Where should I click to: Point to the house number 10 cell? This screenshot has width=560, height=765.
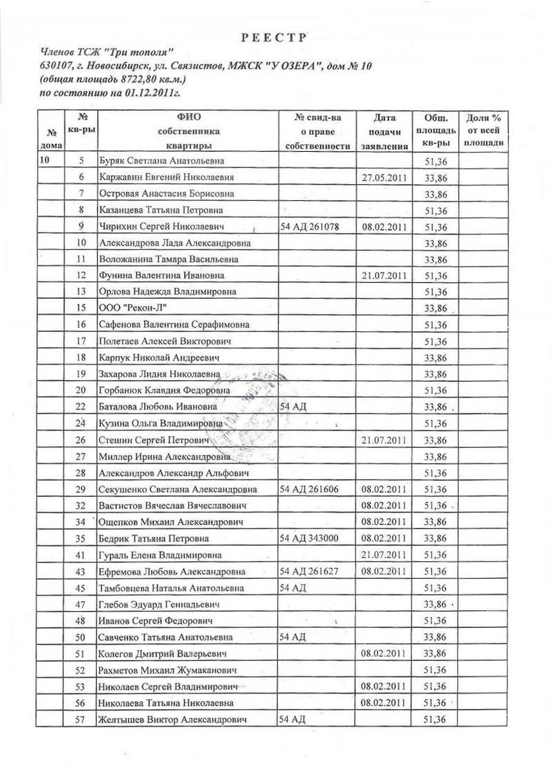(x=46, y=161)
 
